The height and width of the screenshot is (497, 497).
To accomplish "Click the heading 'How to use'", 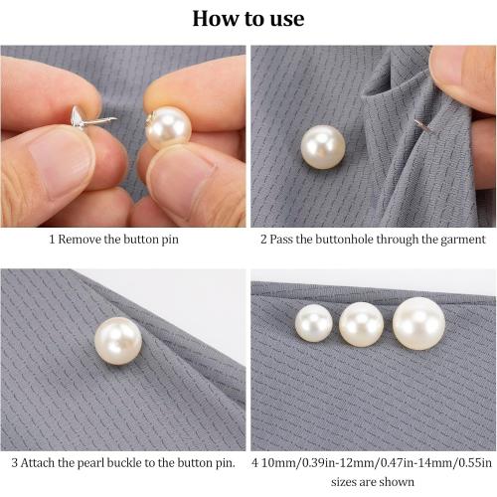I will tap(248, 18).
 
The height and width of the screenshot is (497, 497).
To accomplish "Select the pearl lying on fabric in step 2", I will tap(322, 146).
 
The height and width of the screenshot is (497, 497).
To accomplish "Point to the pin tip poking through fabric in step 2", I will tap(421, 126).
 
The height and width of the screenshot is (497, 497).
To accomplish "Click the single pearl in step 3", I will tap(117, 340).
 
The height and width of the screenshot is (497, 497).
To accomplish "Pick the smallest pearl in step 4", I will tap(314, 323).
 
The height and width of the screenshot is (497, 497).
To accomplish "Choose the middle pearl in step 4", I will tap(361, 323).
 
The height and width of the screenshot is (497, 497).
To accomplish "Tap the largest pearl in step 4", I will tap(418, 322).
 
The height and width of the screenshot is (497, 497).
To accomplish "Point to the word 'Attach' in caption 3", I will tap(42, 462).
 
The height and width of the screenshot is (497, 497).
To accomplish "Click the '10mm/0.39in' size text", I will tap(300, 462).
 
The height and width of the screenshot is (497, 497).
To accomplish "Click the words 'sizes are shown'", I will tap(374, 481).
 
